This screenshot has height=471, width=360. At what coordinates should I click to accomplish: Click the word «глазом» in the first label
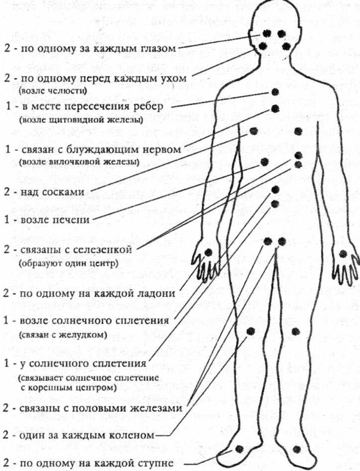pyautogui.click(x=155, y=49)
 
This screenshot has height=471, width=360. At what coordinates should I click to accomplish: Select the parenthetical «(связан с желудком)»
pyautogui.click(x=62, y=335)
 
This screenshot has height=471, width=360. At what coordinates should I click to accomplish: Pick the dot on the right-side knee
pyautogui.click(x=296, y=331)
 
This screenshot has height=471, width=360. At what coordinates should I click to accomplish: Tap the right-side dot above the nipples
pyautogui.click(x=298, y=131)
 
